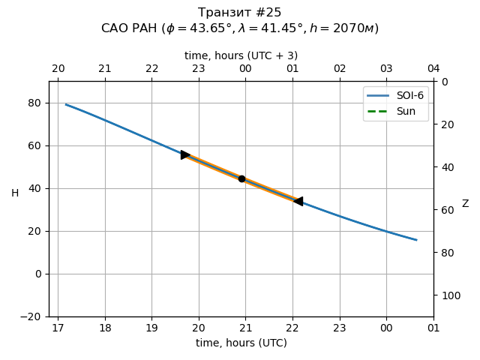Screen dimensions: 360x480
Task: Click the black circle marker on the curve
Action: (241, 178)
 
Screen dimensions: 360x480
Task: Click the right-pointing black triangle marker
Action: (185, 154)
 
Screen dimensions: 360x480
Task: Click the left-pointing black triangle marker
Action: (298, 201)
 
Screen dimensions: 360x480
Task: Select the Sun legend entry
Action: (396, 111)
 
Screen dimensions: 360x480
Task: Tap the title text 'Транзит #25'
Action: (240, 13)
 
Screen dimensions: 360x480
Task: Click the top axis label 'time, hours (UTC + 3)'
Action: (241, 55)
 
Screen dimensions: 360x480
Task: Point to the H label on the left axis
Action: (15, 193)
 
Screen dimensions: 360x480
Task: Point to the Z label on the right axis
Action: (465, 204)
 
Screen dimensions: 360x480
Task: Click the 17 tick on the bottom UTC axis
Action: (58, 328)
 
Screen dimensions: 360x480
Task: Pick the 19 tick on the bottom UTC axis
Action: (151, 328)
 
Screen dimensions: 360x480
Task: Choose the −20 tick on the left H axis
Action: (31, 316)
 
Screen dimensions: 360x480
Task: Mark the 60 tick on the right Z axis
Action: (445, 210)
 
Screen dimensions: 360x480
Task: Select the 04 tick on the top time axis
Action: (433, 69)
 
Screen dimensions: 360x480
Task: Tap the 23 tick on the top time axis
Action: (199, 69)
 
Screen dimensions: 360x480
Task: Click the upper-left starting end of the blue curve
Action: (66, 104)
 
